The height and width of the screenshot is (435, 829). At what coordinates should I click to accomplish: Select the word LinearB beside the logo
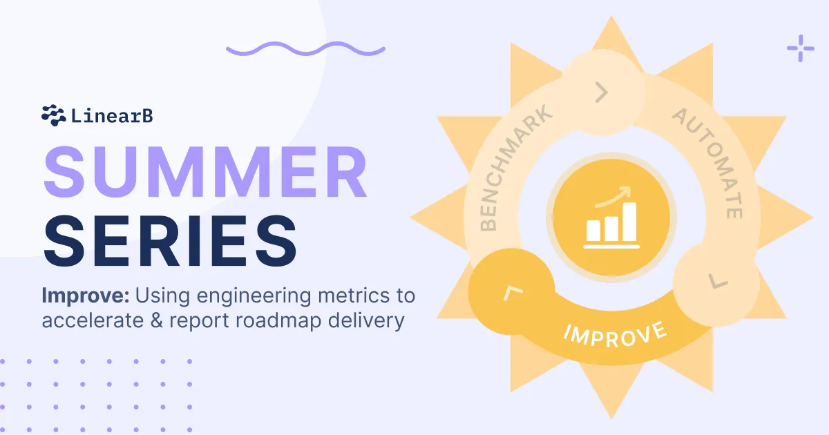112,115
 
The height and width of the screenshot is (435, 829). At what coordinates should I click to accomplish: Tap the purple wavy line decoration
305,49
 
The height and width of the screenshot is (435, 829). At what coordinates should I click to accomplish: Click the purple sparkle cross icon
800,48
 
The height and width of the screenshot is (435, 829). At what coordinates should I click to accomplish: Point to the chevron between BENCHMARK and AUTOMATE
602,92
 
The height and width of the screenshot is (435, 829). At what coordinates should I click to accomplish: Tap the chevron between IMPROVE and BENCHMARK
511,293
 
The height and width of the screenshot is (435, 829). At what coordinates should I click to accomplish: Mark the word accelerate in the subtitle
99,321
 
